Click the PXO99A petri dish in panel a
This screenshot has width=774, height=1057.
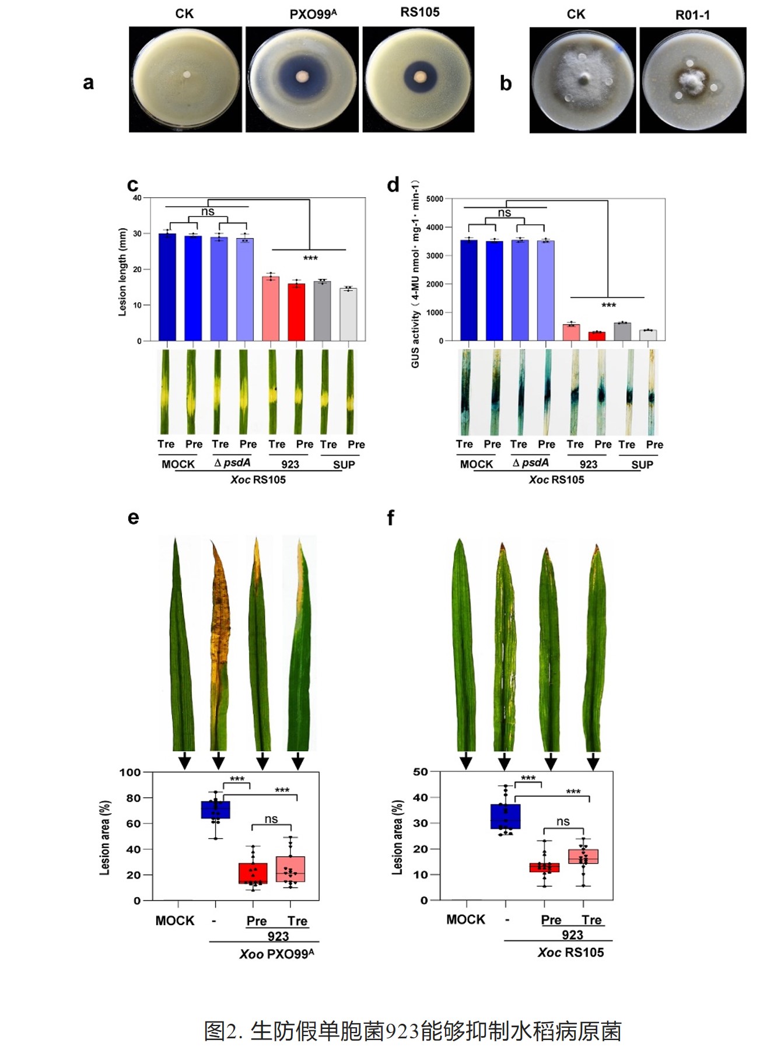[x=302, y=79]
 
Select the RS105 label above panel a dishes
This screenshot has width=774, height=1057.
[x=419, y=12]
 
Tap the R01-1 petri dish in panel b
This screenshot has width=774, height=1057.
[x=692, y=80]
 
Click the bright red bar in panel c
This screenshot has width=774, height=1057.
[x=296, y=312]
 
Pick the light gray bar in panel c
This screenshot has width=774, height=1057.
[x=348, y=314]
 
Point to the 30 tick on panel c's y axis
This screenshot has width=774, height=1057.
[x=138, y=233]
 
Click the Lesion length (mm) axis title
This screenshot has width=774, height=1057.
[x=122, y=272]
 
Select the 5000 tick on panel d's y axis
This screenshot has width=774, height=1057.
[x=435, y=199]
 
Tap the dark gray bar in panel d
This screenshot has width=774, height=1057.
[x=622, y=331]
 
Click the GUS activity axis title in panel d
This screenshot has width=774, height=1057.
[x=415, y=274]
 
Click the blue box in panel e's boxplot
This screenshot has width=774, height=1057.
[x=216, y=810]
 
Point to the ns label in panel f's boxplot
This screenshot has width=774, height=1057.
[x=563, y=821]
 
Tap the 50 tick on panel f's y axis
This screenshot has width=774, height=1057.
[x=421, y=772]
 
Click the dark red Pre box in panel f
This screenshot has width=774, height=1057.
[x=544, y=867]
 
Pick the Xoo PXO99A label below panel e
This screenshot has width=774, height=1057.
[x=276, y=954]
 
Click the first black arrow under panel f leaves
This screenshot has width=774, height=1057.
[x=465, y=761]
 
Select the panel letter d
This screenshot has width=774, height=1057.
[x=393, y=185]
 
